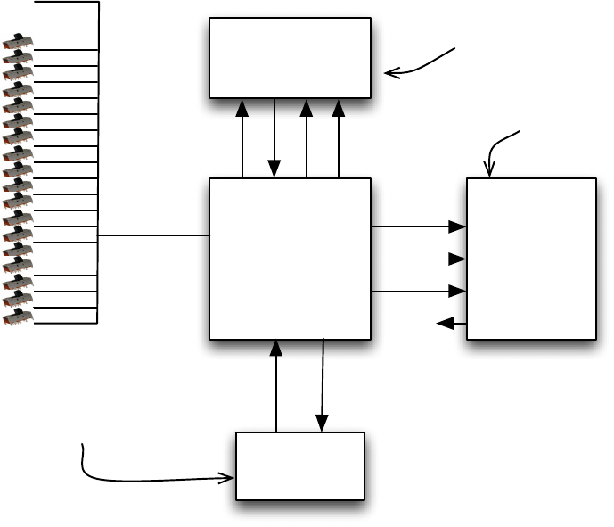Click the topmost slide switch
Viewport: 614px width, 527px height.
pyautogui.click(x=19, y=42)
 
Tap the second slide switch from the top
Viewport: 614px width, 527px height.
pyautogui.click(x=19, y=57)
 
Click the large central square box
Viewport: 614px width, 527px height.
pyautogui.click(x=290, y=259)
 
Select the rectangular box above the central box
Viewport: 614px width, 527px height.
pyautogui.click(x=290, y=57)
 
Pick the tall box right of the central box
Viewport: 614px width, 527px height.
pyautogui.click(x=531, y=259)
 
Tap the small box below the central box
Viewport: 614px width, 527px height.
pyautogui.click(x=299, y=465)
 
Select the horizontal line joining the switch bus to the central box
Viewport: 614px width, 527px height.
pyautogui.click(x=153, y=235)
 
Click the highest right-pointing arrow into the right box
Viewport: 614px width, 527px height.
pyautogui.click(x=418, y=227)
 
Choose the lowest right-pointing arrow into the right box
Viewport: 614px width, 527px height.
pyautogui.click(x=418, y=292)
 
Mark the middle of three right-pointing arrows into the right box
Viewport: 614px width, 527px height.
pyautogui.click(x=418, y=259)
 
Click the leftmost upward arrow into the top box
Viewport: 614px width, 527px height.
pyautogui.click(x=242, y=138)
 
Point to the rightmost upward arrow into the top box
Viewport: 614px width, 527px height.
pyautogui.click(x=339, y=138)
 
